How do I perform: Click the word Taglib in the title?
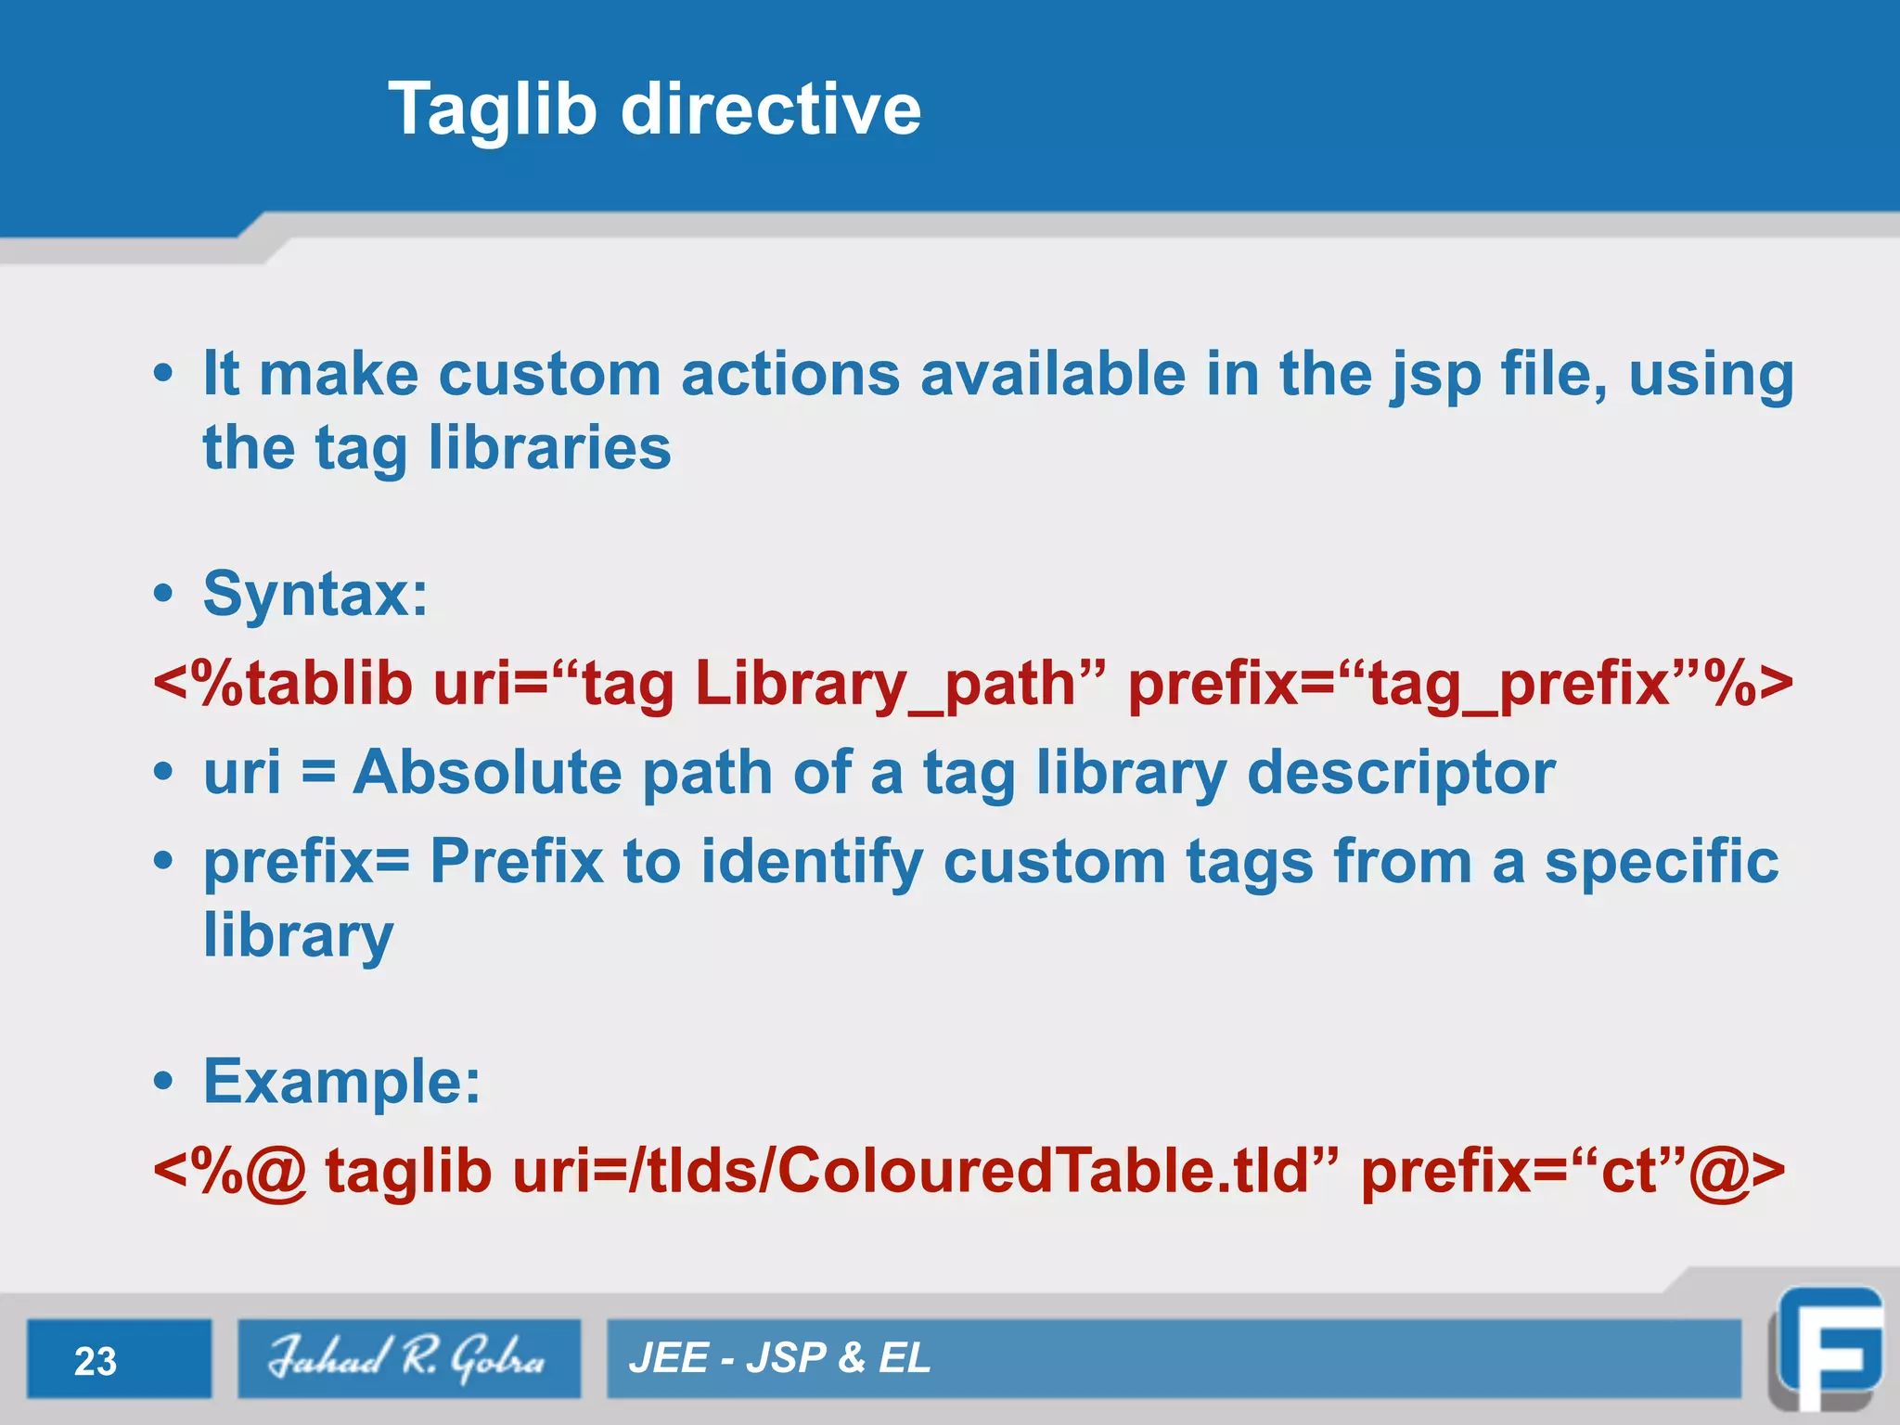coord(492,109)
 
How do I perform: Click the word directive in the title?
coord(770,109)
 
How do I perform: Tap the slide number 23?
coord(96,1361)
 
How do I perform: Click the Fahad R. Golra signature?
coord(408,1358)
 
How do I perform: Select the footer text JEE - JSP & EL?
coord(779,1358)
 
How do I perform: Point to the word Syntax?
coord(315,594)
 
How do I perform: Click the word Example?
coord(342,1082)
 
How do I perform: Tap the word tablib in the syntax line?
coord(328,685)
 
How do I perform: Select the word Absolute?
coord(486,772)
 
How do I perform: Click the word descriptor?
coord(1401,772)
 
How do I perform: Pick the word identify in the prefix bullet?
coord(812,863)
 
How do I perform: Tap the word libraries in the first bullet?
coord(549,448)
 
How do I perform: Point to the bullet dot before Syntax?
coord(163,594)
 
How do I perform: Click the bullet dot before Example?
coord(163,1082)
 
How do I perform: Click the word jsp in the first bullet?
coord(1435,376)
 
